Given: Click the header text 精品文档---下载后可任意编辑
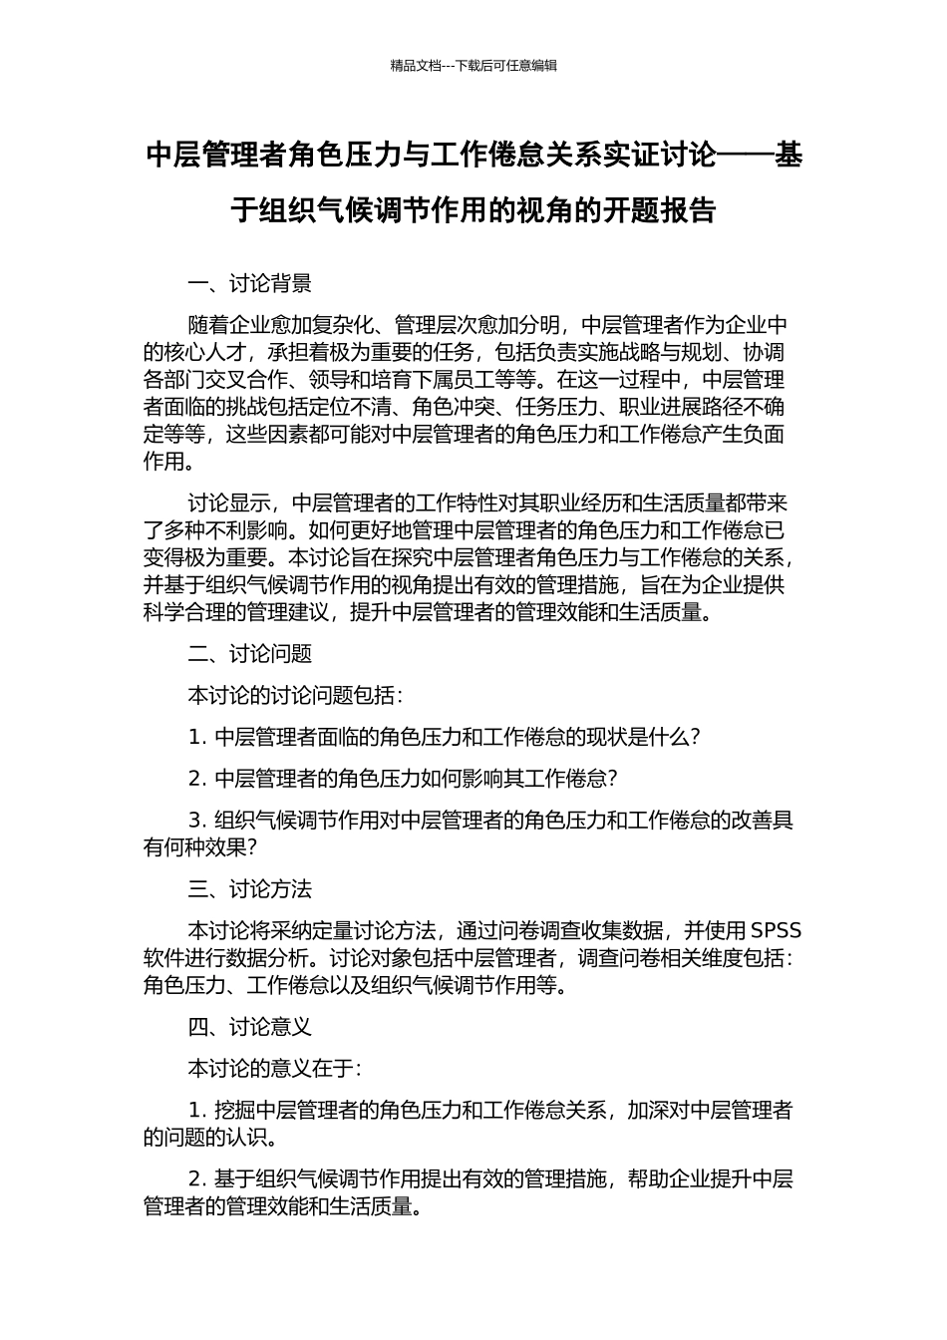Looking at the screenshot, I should [x=473, y=66].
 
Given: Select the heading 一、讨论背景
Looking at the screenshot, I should [x=249, y=283].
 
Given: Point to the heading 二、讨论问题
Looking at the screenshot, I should [x=249, y=654].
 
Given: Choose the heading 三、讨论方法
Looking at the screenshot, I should [x=249, y=889].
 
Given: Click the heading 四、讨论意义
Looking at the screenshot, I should [x=249, y=1027].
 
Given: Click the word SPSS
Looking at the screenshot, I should [x=776, y=931].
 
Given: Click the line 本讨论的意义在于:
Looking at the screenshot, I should [x=274, y=1069].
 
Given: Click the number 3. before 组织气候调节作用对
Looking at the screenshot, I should [x=196, y=822].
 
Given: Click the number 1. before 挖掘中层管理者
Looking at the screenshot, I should [x=196, y=1111].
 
